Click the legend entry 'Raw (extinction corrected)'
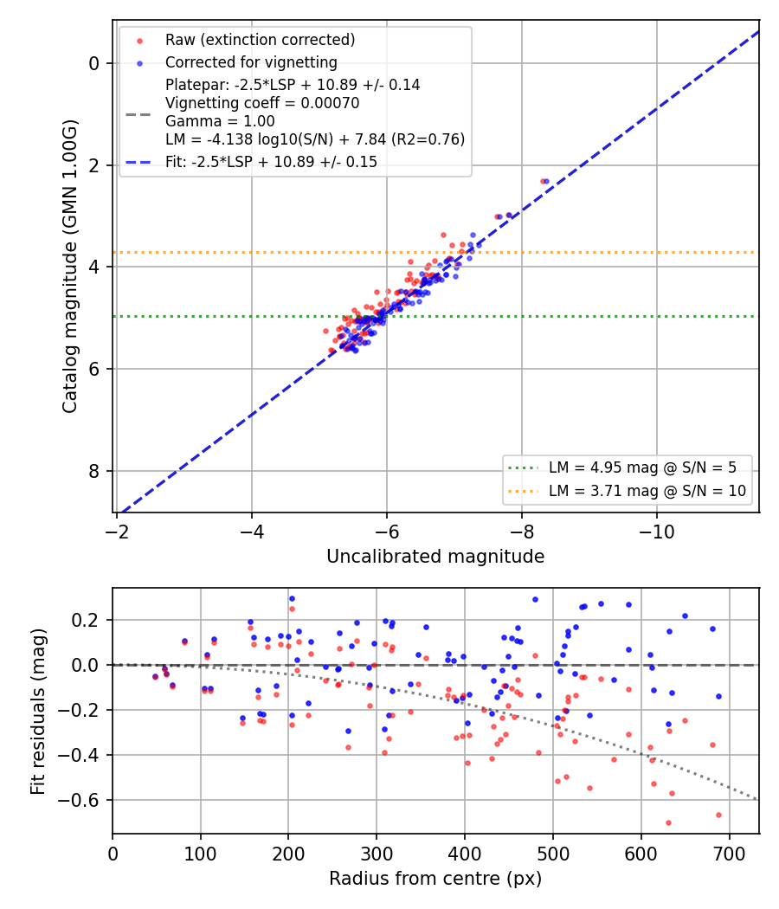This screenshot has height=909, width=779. (x=261, y=40)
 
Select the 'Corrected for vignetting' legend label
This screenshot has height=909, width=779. (x=251, y=62)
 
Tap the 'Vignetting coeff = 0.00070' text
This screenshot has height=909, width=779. (x=262, y=103)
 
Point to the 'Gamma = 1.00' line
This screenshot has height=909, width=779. (x=220, y=121)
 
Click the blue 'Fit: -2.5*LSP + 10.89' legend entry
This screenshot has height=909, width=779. (x=271, y=162)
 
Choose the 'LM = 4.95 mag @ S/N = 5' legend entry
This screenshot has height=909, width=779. (x=642, y=467)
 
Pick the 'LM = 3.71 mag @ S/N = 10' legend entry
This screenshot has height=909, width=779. (x=647, y=491)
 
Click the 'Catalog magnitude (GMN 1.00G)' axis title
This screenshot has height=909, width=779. (x=69, y=267)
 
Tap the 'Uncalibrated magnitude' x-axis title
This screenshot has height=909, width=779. (x=435, y=557)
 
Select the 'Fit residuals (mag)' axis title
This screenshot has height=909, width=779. (x=38, y=712)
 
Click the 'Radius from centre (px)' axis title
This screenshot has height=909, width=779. (x=435, y=879)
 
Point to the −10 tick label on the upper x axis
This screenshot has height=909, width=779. (x=657, y=532)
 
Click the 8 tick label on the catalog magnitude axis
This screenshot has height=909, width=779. (x=93, y=471)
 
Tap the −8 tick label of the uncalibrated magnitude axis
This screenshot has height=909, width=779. (x=522, y=532)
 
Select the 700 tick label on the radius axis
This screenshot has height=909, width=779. (x=729, y=854)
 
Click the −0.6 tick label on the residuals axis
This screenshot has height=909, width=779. (x=78, y=801)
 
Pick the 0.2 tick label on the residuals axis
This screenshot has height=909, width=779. (x=85, y=621)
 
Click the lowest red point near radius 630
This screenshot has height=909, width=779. (x=668, y=822)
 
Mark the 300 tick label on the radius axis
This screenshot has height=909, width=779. (x=377, y=854)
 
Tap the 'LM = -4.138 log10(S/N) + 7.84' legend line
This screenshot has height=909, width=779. (x=315, y=139)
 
